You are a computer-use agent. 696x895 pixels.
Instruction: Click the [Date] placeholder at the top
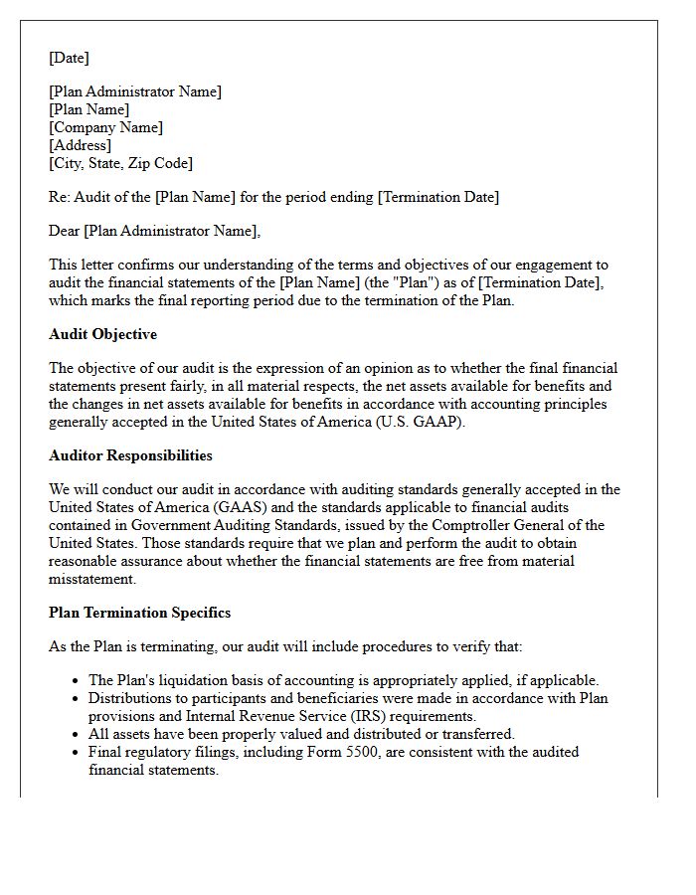pyautogui.click(x=69, y=58)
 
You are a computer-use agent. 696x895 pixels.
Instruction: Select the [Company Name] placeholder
pyautogui.click(x=105, y=127)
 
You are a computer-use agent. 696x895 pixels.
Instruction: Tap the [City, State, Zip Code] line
pyautogui.click(x=120, y=163)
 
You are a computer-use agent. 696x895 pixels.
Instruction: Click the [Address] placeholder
pyautogui.click(x=80, y=145)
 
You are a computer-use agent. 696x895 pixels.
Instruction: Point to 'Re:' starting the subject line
pyautogui.click(x=60, y=197)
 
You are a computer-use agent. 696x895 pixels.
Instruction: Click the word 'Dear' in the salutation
pyautogui.click(x=64, y=231)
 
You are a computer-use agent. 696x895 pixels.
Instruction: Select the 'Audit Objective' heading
pyautogui.click(x=102, y=334)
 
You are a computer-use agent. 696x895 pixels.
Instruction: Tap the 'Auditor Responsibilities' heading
pyautogui.click(x=130, y=455)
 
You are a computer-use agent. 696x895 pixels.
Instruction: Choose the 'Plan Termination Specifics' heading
pyautogui.click(x=139, y=613)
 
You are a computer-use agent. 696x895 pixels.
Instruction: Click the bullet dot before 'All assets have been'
pyautogui.click(x=77, y=735)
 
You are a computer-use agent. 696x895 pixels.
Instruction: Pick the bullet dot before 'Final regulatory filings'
pyautogui.click(x=77, y=753)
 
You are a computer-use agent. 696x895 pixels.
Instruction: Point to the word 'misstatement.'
pyautogui.click(x=92, y=579)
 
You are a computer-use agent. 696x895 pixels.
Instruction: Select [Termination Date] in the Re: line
pyautogui.click(x=437, y=197)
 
